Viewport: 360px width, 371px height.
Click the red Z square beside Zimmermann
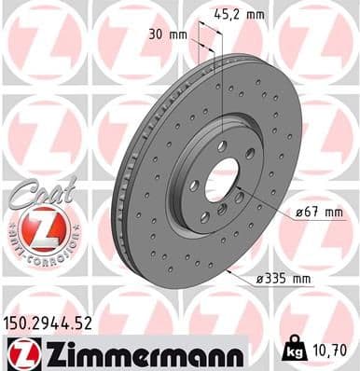[x=21, y=353]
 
